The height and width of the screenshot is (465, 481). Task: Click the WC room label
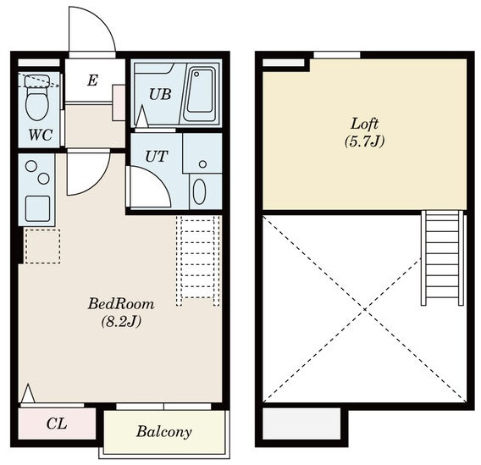pyautogui.click(x=41, y=135)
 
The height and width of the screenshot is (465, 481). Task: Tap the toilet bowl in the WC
pyautogui.click(x=37, y=103)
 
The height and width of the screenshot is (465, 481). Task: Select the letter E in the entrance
pyautogui.click(x=92, y=80)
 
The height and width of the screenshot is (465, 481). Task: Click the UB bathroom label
pyautogui.click(x=160, y=95)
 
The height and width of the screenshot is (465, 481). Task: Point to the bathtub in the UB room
pyautogui.click(x=201, y=95)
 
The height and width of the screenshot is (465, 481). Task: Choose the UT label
pyautogui.click(x=156, y=157)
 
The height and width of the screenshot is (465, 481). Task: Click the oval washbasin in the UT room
pyautogui.click(x=199, y=191)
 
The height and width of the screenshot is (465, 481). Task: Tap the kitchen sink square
pyautogui.click(x=38, y=208)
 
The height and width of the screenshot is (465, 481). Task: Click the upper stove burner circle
pyautogui.click(x=31, y=166)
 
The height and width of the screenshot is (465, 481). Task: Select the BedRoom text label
pyautogui.click(x=121, y=304)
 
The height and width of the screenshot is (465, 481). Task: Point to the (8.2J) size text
pyautogui.click(x=121, y=322)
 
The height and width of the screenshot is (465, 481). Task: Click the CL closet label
pyautogui.click(x=57, y=423)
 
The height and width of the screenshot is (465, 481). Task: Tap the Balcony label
pyautogui.click(x=163, y=432)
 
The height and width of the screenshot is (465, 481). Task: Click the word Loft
pyautogui.click(x=364, y=124)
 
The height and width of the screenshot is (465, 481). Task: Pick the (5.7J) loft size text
pyautogui.click(x=364, y=141)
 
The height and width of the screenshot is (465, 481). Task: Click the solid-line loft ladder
pyautogui.click(x=442, y=257)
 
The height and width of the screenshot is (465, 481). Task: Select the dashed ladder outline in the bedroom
pyautogui.click(x=198, y=261)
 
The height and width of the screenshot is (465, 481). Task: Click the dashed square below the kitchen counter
pyautogui.click(x=42, y=246)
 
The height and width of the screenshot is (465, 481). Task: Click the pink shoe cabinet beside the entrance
pyautogui.click(x=119, y=102)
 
